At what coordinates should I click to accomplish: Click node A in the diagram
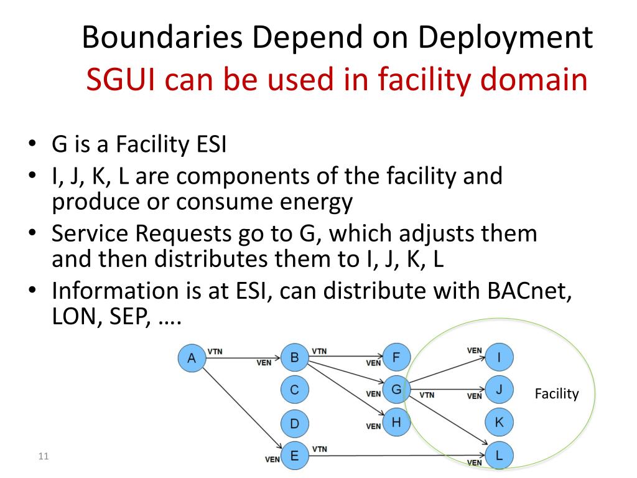(x=192, y=358)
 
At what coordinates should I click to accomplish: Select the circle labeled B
(x=295, y=357)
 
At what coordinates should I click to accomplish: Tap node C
(x=295, y=390)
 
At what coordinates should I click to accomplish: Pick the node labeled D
(x=295, y=424)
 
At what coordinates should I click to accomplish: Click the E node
(x=295, y=456)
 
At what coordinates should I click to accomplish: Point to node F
(x=396, y=357)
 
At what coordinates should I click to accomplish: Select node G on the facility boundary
(x=396, y=390)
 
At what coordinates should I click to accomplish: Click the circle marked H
(x=396, y=423)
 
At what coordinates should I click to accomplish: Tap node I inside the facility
(x=499, y=357)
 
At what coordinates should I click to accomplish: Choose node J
(x=499, y=390)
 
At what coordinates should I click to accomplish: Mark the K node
(x=499, y=423)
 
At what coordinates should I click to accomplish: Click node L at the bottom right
(x=499, y=456)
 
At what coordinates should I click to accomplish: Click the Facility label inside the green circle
(x=557, y=394)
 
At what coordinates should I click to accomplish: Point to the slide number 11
(x=43, y=457)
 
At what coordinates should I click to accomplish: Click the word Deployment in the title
(x=504, y=38)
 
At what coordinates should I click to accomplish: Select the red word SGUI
(x=121, y=80)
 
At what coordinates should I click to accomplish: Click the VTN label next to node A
(x=215, y=351)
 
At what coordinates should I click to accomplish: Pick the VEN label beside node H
(x=373, y=426)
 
